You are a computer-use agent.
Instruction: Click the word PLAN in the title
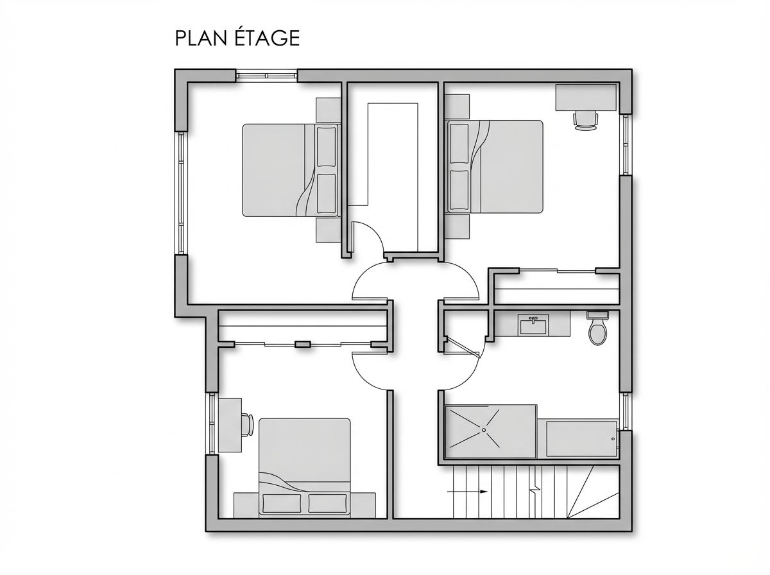coord(201,39)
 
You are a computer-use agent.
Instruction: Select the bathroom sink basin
coord(533,324)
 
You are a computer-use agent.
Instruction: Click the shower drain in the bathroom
coord(484,430)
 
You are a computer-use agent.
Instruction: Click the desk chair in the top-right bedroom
coord(585,121)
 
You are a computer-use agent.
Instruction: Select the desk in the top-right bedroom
coord(586,98)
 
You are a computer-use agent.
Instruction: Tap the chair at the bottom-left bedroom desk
coord(248,424)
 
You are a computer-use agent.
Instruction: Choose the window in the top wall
coord(266,76)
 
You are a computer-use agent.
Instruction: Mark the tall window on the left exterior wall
coord(181,193)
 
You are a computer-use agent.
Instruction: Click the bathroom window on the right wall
coord(625,411)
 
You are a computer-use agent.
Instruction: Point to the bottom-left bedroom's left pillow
coord(282,503)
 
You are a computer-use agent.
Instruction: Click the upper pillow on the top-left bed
coord(326,147)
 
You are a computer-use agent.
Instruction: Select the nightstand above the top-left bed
coord(329,110)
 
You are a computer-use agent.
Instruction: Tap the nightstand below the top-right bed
coord(457,227)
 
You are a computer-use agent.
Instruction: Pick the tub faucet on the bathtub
coord(613,439)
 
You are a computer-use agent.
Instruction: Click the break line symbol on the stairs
coord(535,488)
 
